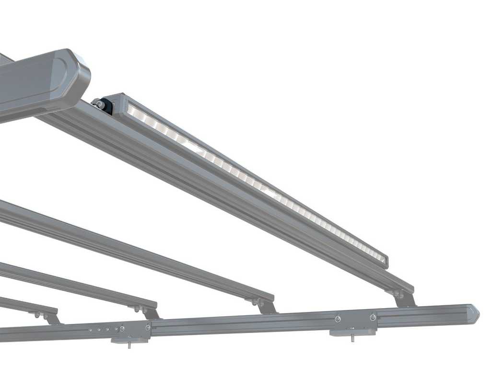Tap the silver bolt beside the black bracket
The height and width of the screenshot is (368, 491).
click(x=98, y=103)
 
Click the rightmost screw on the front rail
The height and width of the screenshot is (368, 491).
click(x=373, y=317)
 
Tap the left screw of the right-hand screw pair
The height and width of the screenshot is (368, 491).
click(x=339, y=319)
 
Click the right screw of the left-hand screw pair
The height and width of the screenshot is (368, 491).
click(x=148, y=327)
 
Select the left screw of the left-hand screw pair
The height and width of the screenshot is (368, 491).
click(x=122, y=329)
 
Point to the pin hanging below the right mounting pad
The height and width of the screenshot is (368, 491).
click(x=353, y=338)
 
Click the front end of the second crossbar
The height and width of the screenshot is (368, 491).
click(x=266, y=297)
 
